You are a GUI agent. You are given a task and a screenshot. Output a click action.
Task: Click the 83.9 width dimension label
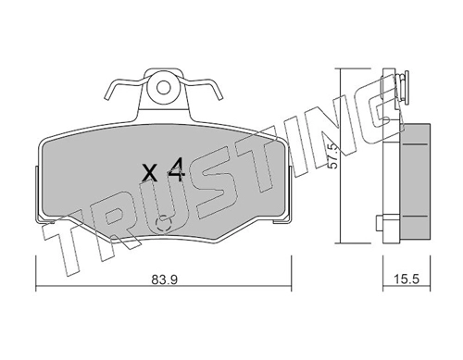point(164,279)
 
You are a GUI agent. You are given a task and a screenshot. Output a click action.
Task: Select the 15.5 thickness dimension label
point(407,279)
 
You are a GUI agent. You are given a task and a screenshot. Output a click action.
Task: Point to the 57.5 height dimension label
point(333,156)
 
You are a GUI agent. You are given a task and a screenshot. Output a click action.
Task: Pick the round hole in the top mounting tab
point(163,88)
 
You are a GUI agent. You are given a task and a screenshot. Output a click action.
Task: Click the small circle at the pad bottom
point(164,222)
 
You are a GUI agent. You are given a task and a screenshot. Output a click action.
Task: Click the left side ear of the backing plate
point(37,194)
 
